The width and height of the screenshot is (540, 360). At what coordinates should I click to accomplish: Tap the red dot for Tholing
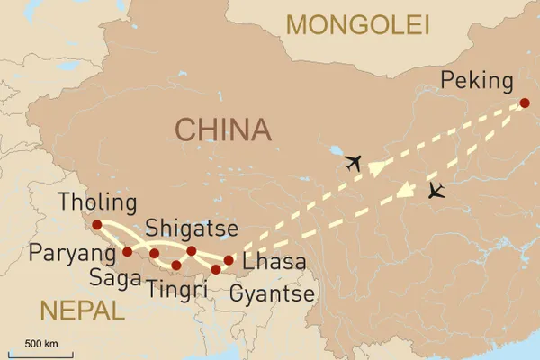pos(97,224)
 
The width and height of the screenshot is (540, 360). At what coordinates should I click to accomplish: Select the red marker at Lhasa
pos(229,261)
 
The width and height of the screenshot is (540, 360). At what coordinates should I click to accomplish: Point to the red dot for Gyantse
pos(216,269)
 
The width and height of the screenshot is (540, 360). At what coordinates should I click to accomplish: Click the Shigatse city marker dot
pos(192,250)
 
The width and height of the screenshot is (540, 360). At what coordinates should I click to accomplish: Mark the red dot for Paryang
pos(127,252)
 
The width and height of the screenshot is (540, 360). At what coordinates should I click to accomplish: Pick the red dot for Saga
pos(155,254)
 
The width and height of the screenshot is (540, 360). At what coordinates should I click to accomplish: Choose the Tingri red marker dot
pos(176,265)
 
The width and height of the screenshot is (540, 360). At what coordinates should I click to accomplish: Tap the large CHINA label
pos(222,130)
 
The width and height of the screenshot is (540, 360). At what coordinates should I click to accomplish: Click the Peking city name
pos(477,84)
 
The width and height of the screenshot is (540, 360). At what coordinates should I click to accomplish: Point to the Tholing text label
pos(96,202)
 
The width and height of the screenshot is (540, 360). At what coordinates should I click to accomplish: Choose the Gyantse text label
pos(272,293)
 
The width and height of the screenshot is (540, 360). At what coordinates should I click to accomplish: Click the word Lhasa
pos(274,263)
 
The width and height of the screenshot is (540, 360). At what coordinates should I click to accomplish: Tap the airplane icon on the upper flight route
pos(352,163)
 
